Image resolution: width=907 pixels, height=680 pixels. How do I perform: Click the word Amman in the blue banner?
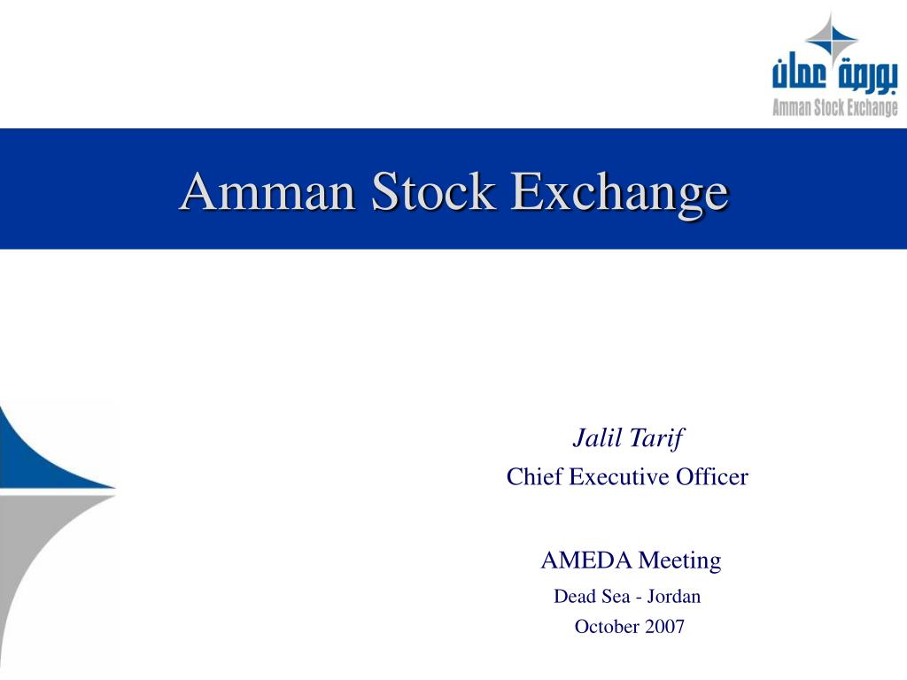coord(267,191)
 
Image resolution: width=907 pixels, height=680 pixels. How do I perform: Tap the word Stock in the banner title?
coord(433,190)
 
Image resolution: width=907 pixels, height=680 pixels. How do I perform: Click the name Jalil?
coord(597,437)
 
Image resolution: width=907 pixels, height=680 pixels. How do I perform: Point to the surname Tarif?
coord(657,438)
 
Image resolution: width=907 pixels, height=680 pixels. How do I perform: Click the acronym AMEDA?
coord(586,560)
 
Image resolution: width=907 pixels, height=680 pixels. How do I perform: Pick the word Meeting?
coord(680,560)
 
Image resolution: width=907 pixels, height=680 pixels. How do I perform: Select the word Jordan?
coord(673,596)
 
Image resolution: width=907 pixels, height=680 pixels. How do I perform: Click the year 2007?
coord(664,626)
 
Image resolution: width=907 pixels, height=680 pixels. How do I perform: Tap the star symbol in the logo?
coord(831,39)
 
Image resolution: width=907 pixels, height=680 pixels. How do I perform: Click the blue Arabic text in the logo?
coord(834,73)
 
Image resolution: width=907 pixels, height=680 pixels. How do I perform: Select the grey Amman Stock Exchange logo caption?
coord(835,107)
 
